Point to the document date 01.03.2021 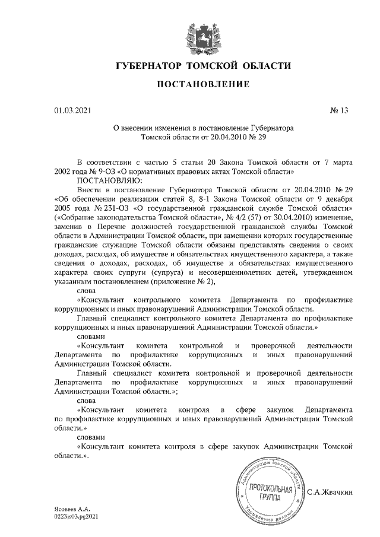(x=72, y=110)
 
